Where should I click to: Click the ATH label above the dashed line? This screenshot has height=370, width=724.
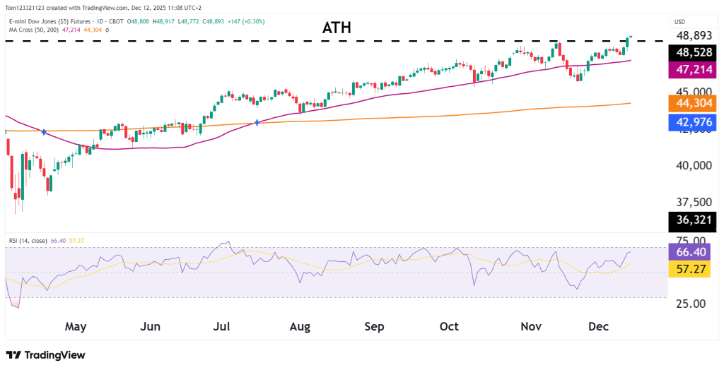pos(337,28)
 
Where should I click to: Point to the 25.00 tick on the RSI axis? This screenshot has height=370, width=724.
pos(692,304)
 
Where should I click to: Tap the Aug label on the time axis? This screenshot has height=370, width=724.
pos(300,327)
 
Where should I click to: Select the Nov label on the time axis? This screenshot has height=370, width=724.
pos(531,327)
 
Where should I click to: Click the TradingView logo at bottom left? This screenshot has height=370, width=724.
pos(45,355)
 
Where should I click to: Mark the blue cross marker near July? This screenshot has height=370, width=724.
pos(257,123)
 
